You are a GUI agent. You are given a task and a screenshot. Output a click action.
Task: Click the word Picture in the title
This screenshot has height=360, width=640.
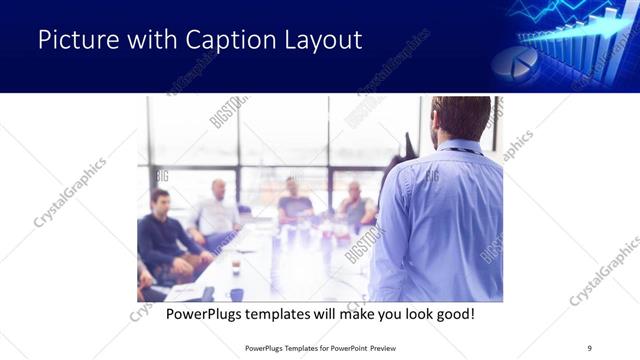pos(75,40)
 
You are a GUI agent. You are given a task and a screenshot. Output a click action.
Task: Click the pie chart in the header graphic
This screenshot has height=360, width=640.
pos(514,61)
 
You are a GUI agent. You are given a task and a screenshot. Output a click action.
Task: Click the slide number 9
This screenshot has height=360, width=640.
pos(589,347)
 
